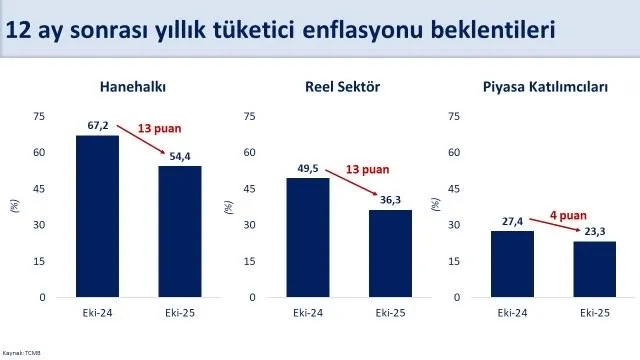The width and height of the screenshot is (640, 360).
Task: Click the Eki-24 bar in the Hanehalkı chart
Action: [97, 216]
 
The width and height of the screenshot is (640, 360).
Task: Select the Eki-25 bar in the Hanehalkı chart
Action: [179, 232]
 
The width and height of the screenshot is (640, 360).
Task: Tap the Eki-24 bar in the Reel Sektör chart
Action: [307, 237]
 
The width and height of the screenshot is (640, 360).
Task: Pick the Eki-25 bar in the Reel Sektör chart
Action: [389, 254]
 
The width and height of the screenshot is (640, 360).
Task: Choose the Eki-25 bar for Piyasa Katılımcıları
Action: [594, 269]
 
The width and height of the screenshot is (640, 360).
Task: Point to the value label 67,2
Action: [97, 127]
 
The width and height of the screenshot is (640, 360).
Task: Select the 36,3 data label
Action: [389, 201]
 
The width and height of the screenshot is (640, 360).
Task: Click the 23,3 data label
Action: [594, 233]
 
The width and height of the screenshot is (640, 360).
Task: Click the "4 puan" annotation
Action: [569, 213]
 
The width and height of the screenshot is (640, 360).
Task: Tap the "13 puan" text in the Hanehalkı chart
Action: [160, 128]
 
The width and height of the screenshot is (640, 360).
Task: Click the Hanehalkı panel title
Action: [133, 86]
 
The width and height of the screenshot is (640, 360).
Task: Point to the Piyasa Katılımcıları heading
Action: [545, 86]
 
